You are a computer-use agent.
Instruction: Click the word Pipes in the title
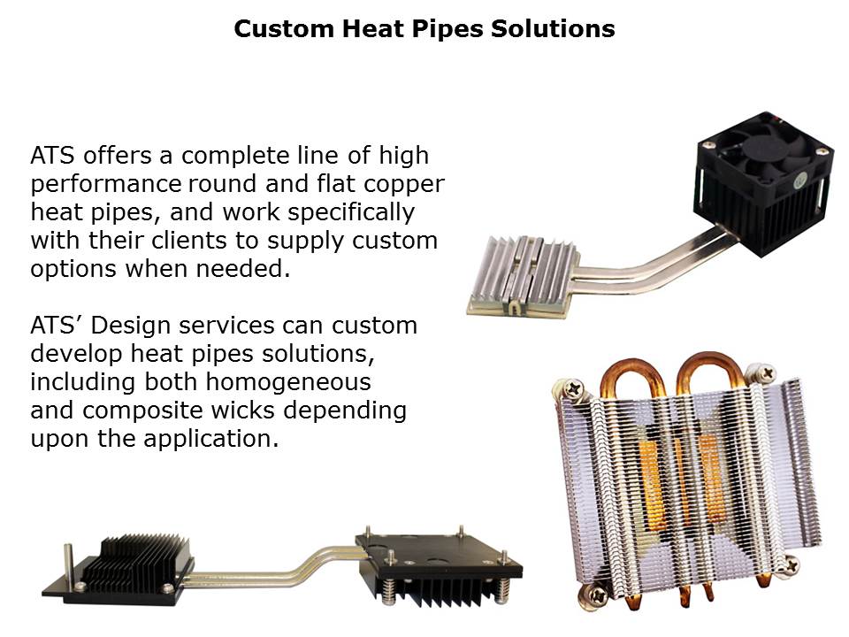[x=447, y=29]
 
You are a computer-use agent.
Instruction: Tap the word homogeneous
[x=288, y=382]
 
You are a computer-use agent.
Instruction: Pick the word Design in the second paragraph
[x=130, y=326]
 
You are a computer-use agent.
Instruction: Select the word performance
[x=105, y=185]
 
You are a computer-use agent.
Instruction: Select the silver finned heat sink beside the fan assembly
[x=523, y=275]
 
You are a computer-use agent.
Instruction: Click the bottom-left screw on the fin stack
[x=599, y=595]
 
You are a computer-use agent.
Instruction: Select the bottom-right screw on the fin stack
[x=790, y=564]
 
